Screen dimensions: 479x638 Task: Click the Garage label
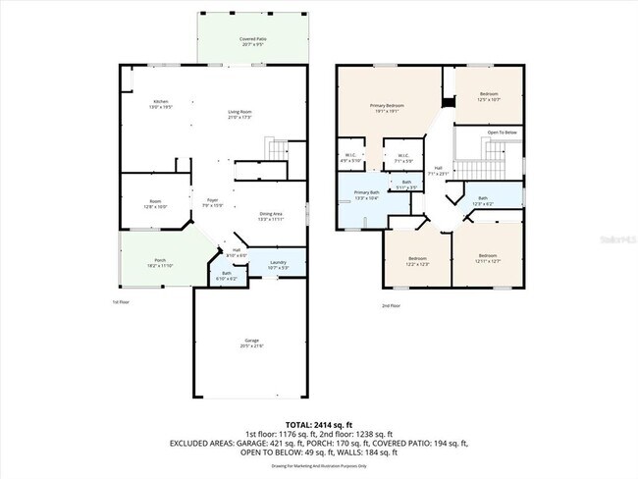tap(252, 345)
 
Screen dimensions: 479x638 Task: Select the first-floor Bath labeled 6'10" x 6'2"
tap(226, 276)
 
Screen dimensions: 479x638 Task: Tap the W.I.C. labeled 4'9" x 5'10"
tap(350, 157)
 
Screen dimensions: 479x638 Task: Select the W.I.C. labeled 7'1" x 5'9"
tap(402, 157)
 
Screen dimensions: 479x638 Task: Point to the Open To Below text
tap(501, 132)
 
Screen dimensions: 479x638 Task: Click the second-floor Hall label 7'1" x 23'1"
tap(439, 171)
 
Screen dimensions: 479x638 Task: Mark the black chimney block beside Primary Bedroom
tap(450, 102)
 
